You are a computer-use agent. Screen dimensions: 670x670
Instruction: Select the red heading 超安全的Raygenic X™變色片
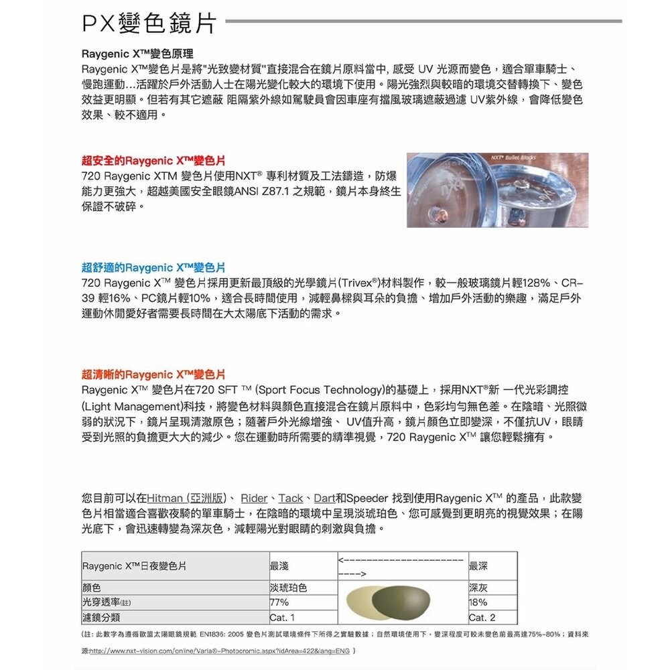coord(153,161)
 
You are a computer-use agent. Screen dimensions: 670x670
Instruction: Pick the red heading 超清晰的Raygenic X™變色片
coord(153,374)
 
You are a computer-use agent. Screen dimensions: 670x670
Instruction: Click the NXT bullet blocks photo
coord(497,190)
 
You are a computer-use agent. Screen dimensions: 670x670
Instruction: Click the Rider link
coord(254,498)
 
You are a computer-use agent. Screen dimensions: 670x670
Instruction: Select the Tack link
coord(290,498)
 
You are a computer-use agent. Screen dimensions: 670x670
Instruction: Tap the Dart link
coord(324,498)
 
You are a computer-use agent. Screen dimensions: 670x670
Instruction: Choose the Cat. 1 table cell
coord(282,617)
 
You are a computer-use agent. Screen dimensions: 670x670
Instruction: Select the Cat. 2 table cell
coord(482,617)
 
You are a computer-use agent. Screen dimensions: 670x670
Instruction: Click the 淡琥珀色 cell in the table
coord(288,588)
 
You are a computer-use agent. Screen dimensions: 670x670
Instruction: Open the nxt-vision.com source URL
coord(218,651)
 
